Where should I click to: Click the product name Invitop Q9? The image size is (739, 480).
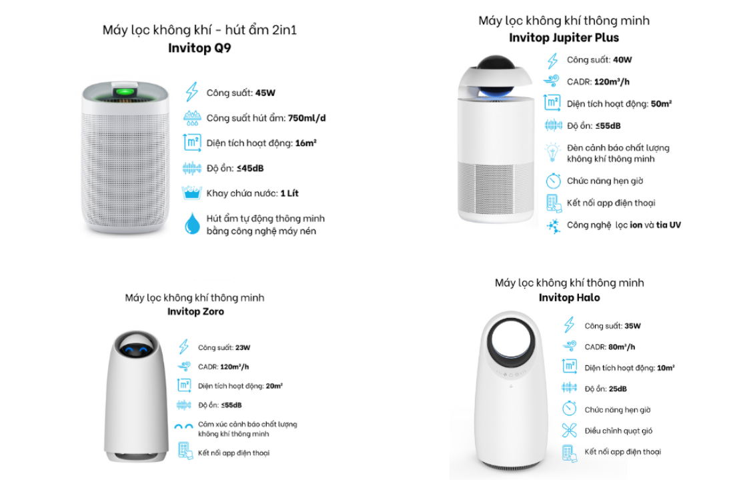click(x=199, y=48)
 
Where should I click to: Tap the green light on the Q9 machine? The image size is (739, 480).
click(x=125, y=91)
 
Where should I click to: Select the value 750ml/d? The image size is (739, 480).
click(x=307, y=118)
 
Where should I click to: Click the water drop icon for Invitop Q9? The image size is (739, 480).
click(x=192, y=224)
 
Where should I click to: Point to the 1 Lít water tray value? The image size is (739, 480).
click(x=289, y=193)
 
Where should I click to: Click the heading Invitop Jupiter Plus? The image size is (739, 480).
click(x=564, y=38)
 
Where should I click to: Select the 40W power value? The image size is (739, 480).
click(x=622, y=60)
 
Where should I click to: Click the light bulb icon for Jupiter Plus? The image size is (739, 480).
click(x=552, y=153)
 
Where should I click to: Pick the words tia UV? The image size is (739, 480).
click(x=668, y=225)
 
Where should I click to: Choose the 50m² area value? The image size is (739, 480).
click(x=661, y=103)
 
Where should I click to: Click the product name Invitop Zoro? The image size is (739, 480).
click(x=195, y=311)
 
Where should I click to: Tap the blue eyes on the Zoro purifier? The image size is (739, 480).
click(x=136, y=349)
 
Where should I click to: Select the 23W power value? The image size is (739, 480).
click(x=243, y=347)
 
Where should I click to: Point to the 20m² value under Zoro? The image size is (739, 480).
click(x=274, y=386)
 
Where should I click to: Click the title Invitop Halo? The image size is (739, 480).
click(x=570, y=298)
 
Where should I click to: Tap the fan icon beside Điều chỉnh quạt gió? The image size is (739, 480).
click(x=570, y=431)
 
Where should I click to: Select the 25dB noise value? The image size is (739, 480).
click(x=618, y=389)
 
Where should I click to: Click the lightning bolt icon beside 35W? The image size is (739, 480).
click(x=570, y=325)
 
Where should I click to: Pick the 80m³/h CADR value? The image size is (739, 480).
click(x=622, y=347)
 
